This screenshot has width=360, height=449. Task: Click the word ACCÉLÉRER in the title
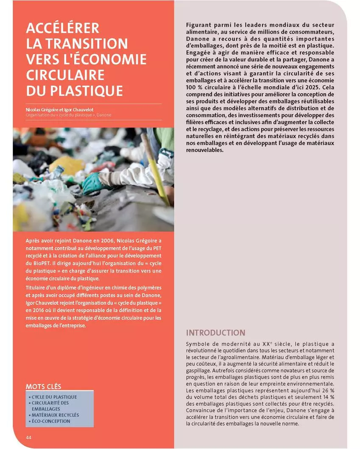[62, 28]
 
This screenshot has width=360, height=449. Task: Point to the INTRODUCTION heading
[215, 333]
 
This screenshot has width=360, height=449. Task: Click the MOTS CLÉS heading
[43, 386]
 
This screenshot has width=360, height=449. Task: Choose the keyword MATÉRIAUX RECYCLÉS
[55, 415]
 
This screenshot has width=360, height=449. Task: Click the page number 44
[28, 437]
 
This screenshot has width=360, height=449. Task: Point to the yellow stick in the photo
[157, 170]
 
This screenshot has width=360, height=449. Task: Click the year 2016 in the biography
[38, 310]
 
